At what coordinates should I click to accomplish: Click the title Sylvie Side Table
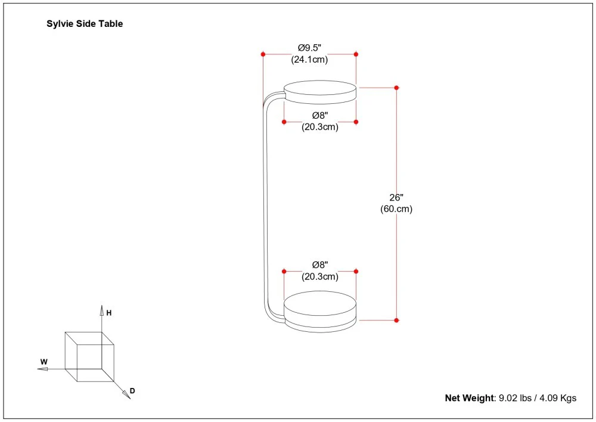pos(85,24)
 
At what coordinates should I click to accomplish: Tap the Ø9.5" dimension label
pos(309,48)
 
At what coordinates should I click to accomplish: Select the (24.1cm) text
pos(309,60)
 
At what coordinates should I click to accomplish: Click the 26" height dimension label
pos(396,198)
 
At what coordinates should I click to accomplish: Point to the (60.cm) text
pos(396,209)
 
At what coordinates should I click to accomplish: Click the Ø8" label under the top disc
pos(320,115)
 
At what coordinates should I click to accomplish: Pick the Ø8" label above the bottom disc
pos(320,264)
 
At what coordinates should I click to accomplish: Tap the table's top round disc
pos(320,91)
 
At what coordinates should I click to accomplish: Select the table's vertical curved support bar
pos(265,203)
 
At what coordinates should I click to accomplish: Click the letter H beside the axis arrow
pos(109,312)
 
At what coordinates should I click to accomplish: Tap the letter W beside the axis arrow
pos(44,362)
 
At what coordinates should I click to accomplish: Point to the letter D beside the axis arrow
pos(132,391)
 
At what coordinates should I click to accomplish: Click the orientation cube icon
pos(89,357)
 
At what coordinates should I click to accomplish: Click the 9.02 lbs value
pos(516,398)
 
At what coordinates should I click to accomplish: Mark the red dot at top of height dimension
pos(396,88)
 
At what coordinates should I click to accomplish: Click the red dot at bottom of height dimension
pos(396,321)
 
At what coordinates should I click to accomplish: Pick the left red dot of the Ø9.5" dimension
pos(263,54)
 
